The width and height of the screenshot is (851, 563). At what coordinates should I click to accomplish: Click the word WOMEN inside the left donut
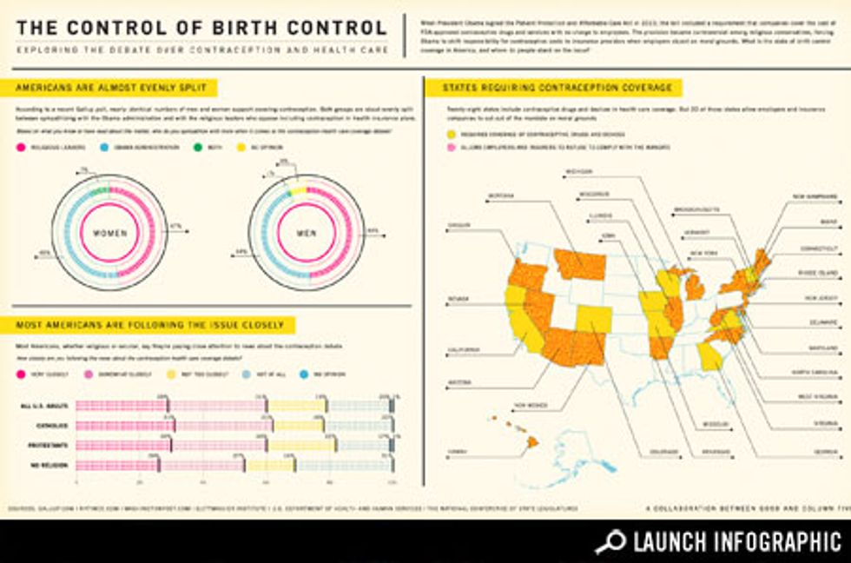tap(109, 233)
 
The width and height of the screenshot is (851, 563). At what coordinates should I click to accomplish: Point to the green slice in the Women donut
tap(100, 190)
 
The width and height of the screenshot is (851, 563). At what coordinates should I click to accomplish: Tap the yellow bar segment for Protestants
tap(300, 445)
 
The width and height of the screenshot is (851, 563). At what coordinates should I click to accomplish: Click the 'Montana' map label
tap(502, 195)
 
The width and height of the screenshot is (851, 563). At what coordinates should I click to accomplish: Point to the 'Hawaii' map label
tap(457, 451)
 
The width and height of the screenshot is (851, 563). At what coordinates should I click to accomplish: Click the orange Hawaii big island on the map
tap(532, 441)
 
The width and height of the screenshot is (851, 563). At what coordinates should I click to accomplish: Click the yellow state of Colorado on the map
tap(593, 319)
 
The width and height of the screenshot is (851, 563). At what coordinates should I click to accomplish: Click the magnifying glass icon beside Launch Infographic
tap(610, 541)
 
